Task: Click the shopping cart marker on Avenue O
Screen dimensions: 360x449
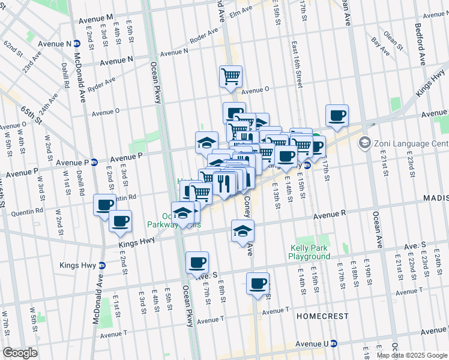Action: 231,76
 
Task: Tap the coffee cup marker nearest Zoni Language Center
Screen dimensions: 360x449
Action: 337,115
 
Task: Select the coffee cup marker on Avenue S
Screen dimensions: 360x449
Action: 197,262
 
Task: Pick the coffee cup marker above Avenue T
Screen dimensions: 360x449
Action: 258,283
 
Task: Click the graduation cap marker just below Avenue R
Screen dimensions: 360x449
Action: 242,231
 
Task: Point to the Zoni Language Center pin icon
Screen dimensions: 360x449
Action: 364,143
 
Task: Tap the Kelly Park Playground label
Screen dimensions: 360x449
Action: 310,252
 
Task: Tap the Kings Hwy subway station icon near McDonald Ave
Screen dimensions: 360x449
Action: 102,265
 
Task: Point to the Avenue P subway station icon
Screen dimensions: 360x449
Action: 94,163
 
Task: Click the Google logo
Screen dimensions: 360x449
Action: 20,353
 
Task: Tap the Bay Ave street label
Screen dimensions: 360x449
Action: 377,43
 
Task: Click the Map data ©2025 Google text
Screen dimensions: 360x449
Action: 412,355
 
